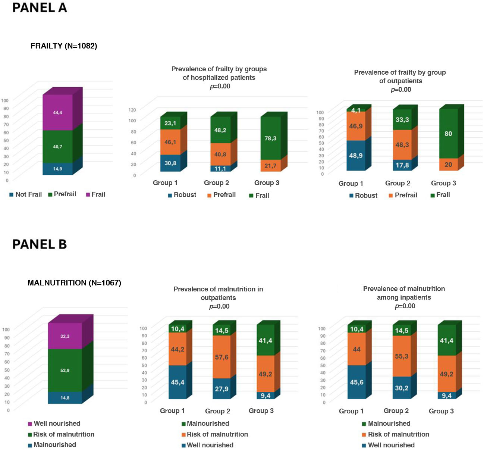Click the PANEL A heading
40,8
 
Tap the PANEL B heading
40,244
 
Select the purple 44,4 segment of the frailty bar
57,112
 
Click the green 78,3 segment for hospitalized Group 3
270,138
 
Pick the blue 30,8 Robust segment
170,163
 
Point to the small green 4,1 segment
356,110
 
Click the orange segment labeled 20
448,165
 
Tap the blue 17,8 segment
402,165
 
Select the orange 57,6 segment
221,357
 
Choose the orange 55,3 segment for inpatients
402,356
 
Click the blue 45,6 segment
356,382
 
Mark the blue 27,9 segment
221,389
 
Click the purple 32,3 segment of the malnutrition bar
65,336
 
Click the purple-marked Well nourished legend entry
54,424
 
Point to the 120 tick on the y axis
132,110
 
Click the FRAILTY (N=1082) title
64,46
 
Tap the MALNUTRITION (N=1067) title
74,283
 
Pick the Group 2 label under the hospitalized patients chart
216,183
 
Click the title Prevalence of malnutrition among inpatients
404,293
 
